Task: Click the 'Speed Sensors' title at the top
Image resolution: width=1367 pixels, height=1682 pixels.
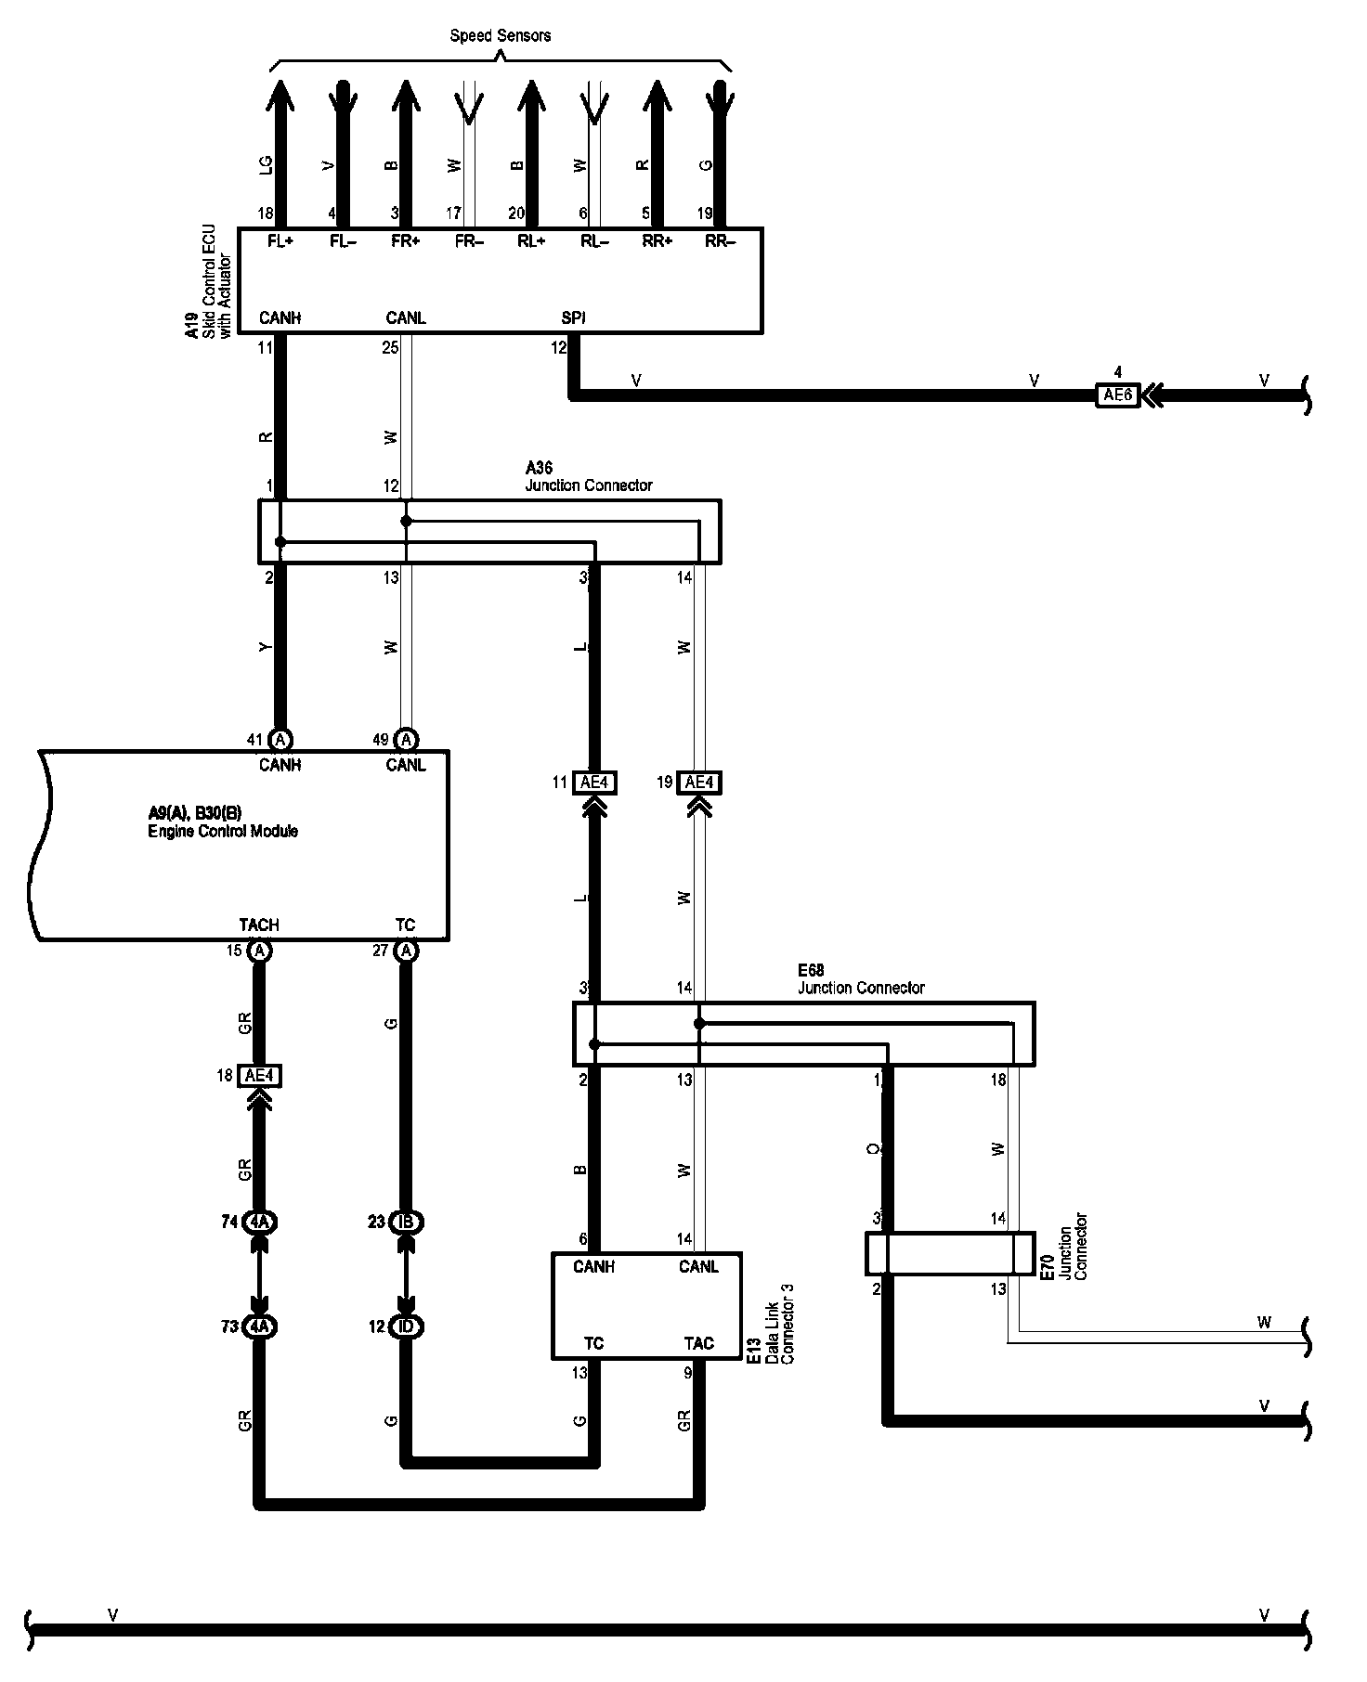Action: [x=500, y=36]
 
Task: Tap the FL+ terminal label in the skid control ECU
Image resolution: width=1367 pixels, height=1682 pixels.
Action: [x=280, y=241]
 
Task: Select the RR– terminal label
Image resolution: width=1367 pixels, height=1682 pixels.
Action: [x=720, y=241]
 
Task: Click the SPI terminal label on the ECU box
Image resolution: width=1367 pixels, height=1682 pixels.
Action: [x=574, y=318]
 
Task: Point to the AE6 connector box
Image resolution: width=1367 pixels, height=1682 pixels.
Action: [x=1117, y=395]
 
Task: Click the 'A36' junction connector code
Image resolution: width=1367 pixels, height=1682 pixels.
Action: [x=539, y=469]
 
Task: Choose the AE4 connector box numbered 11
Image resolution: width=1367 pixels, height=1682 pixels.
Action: [x=593, y=783]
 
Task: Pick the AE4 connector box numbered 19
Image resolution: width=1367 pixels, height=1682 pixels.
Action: [x=698, y=783]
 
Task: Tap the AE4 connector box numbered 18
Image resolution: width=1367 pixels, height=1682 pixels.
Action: [x=259, y=1076]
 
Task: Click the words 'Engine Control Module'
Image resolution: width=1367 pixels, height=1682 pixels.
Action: [x=223, y=832]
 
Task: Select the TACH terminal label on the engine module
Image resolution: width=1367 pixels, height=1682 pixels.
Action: [x=258, y=925]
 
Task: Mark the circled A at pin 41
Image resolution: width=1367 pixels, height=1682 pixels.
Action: [x=280, y=740]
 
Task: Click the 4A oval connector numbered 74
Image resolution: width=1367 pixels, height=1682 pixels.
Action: [x=259, y=1223]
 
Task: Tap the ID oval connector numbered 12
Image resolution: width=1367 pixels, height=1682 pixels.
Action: [x=406, y=1327]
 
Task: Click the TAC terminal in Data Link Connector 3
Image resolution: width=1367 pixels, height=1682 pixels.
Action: [x=698, y=1343]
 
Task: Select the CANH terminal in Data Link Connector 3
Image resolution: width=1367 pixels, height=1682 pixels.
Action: [x=593, y=1267]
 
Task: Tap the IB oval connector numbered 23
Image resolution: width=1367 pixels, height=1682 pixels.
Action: [x=406, y=1223]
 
